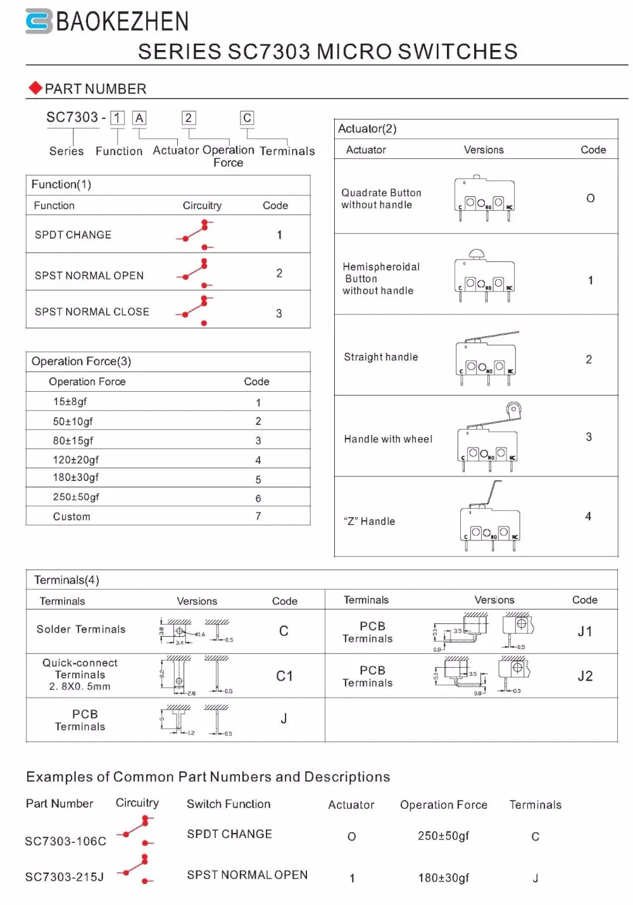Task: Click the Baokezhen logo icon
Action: [x=38, y=22]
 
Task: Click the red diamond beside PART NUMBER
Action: [x=35, y=88]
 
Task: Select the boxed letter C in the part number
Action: [x=247, y=118]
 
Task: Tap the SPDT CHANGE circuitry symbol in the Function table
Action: [x=196, y=235]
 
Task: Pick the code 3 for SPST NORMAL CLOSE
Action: [x=279, y=313]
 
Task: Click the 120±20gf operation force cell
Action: [x=76, y=459]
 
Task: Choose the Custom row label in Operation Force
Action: [x=72, y=516]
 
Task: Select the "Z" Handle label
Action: [x=370, y=521]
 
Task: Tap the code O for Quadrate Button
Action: [x=590, y=198]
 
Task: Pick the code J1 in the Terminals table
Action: [x=585, y=631]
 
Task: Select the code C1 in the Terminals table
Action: [x=284, y=676]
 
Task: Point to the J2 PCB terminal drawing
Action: [x=484, y=676]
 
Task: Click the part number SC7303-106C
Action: [x=65, y=841]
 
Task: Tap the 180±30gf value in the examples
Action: [x=443, y=878]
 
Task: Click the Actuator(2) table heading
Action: [x=367, y=128]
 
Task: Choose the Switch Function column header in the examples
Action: [x=229, y=804]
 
